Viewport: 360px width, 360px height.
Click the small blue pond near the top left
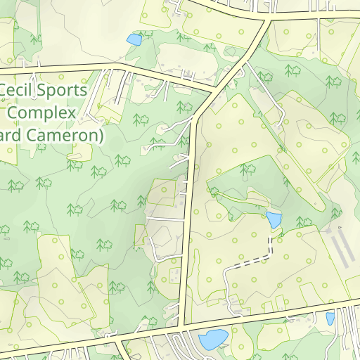pos(134,39)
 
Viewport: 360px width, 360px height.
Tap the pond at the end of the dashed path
pos(273,219)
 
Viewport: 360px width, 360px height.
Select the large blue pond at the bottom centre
pos(213,340)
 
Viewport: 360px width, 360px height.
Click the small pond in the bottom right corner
pos(330,319)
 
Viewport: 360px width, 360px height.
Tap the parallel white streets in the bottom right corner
pos(348,330)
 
